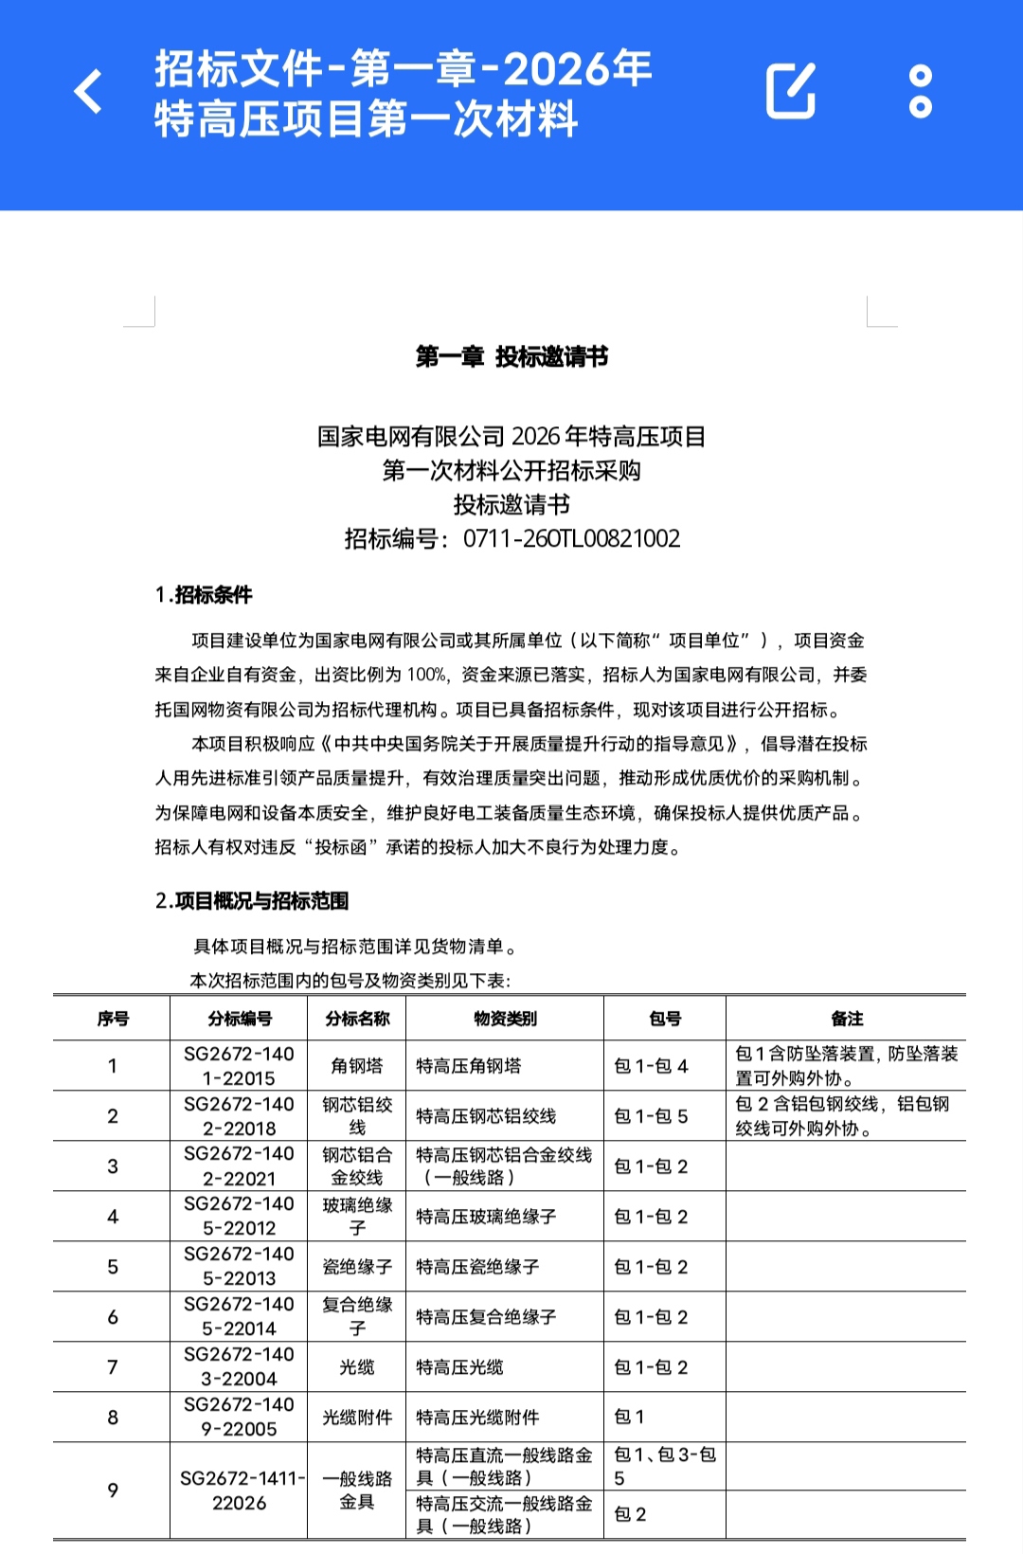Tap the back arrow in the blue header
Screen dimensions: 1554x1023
[x=88, y=92]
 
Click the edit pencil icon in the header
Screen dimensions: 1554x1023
[x=791, y=92]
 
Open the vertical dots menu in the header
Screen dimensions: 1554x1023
[x=921, y=92]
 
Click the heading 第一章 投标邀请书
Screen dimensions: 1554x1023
[x=511, y=357]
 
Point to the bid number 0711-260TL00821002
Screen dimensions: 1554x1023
[x=571, y=539]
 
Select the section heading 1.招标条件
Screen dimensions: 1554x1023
[x=204, y=595]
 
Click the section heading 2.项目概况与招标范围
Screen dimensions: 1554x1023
[x=252, y=901]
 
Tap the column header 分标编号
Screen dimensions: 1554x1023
[x=240, y=1019]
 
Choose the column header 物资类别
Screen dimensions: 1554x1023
[x=505, y=1019]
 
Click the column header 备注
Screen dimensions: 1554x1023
[x=847, y=1019]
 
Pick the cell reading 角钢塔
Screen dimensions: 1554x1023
[x=357, y=1066]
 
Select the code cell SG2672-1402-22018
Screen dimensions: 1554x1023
[x=240, y=1116]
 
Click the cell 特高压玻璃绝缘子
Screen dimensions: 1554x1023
[x=486, y=1217]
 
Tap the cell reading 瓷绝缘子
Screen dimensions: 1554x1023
[x=357, y=1267]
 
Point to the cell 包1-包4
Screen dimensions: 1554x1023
[x=651, y=1066]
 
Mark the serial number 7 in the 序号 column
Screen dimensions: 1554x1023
[x=113, y=1367]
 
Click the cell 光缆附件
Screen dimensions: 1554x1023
[x=357, y=1418]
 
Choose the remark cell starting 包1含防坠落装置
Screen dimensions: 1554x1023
[x=846, y=1066]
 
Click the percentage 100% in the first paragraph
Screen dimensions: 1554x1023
[x=426, y=675]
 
